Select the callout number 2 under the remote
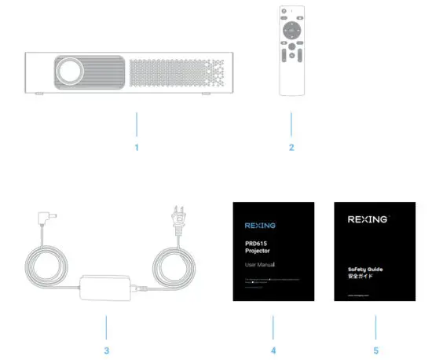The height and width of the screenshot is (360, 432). coord(291,147)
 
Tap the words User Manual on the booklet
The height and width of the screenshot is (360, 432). coord(260,266)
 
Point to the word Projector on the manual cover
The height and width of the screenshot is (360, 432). coord(257,252)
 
